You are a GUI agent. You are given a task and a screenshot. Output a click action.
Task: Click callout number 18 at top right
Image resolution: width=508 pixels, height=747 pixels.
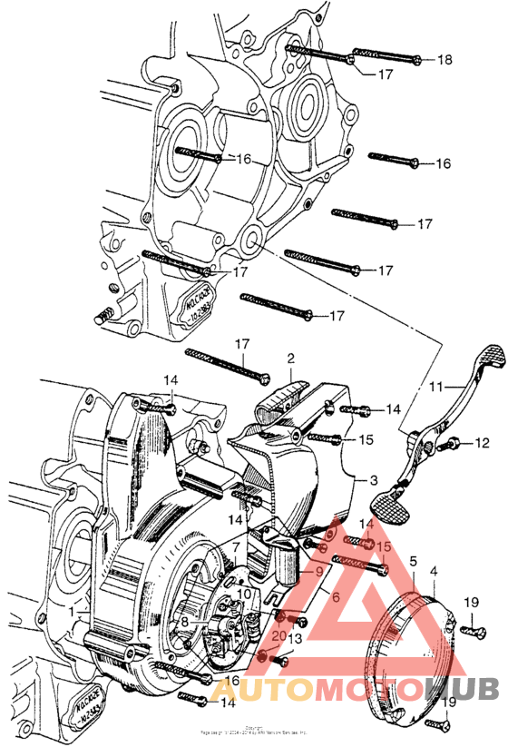pyautogui.click(x=444, y=60)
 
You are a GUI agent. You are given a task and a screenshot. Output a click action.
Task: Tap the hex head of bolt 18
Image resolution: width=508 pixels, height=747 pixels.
pyautogui.click(x=415, y=61)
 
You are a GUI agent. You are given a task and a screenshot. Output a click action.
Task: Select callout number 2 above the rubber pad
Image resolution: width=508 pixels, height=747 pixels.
pyautogui.click(x=290, y=359)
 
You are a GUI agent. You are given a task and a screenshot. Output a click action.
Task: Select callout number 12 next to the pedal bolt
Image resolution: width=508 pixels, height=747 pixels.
pyautogui.click(x=483, y=443)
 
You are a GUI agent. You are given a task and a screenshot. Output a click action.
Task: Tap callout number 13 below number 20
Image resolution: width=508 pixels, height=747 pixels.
pyautogui.click(x=294, y=639)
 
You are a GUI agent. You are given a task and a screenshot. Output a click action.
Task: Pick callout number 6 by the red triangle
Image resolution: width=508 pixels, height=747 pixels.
pyautogui.click(x=335, y=598)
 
